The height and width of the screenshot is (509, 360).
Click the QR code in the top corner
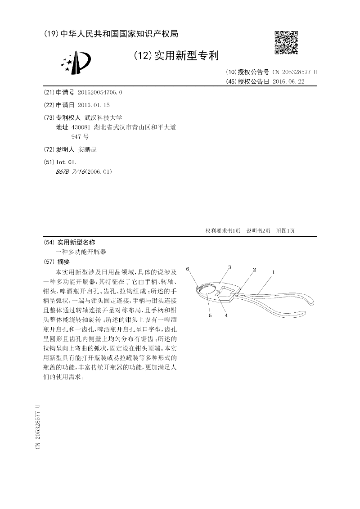(x=286, y=42)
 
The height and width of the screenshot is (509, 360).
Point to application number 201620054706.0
(x=100, y=92)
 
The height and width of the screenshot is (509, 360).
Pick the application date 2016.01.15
(x=94, y=105)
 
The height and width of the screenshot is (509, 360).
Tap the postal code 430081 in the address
(x=76, y=127)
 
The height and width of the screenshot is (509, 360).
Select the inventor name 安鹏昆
(x=88, y=149)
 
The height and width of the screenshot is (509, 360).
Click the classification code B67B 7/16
(x=70, y=171)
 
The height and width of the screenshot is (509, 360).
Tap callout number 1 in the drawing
(x=273, y=272)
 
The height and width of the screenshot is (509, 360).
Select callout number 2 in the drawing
(x=254, y=270)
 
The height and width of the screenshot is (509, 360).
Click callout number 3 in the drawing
(x=229, y=267)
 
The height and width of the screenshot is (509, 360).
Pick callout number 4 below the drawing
(x=226, y=315)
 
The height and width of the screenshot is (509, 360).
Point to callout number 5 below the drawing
(x=210, y=316)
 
